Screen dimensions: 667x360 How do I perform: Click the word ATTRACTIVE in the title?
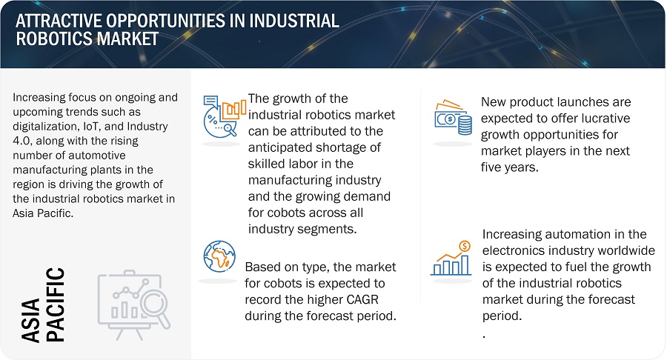[x=59, y=21]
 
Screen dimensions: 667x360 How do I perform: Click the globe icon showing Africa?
[x=219, y=256]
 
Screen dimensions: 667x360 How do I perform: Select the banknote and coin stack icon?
[x=453, y=118]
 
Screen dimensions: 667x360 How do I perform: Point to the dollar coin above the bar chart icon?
[x=465, y=246]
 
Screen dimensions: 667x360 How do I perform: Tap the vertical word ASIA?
[x=31, y=319]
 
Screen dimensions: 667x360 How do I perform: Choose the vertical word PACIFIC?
[x=56, y=304]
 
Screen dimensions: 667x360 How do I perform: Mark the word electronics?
[x=514, y=250]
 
